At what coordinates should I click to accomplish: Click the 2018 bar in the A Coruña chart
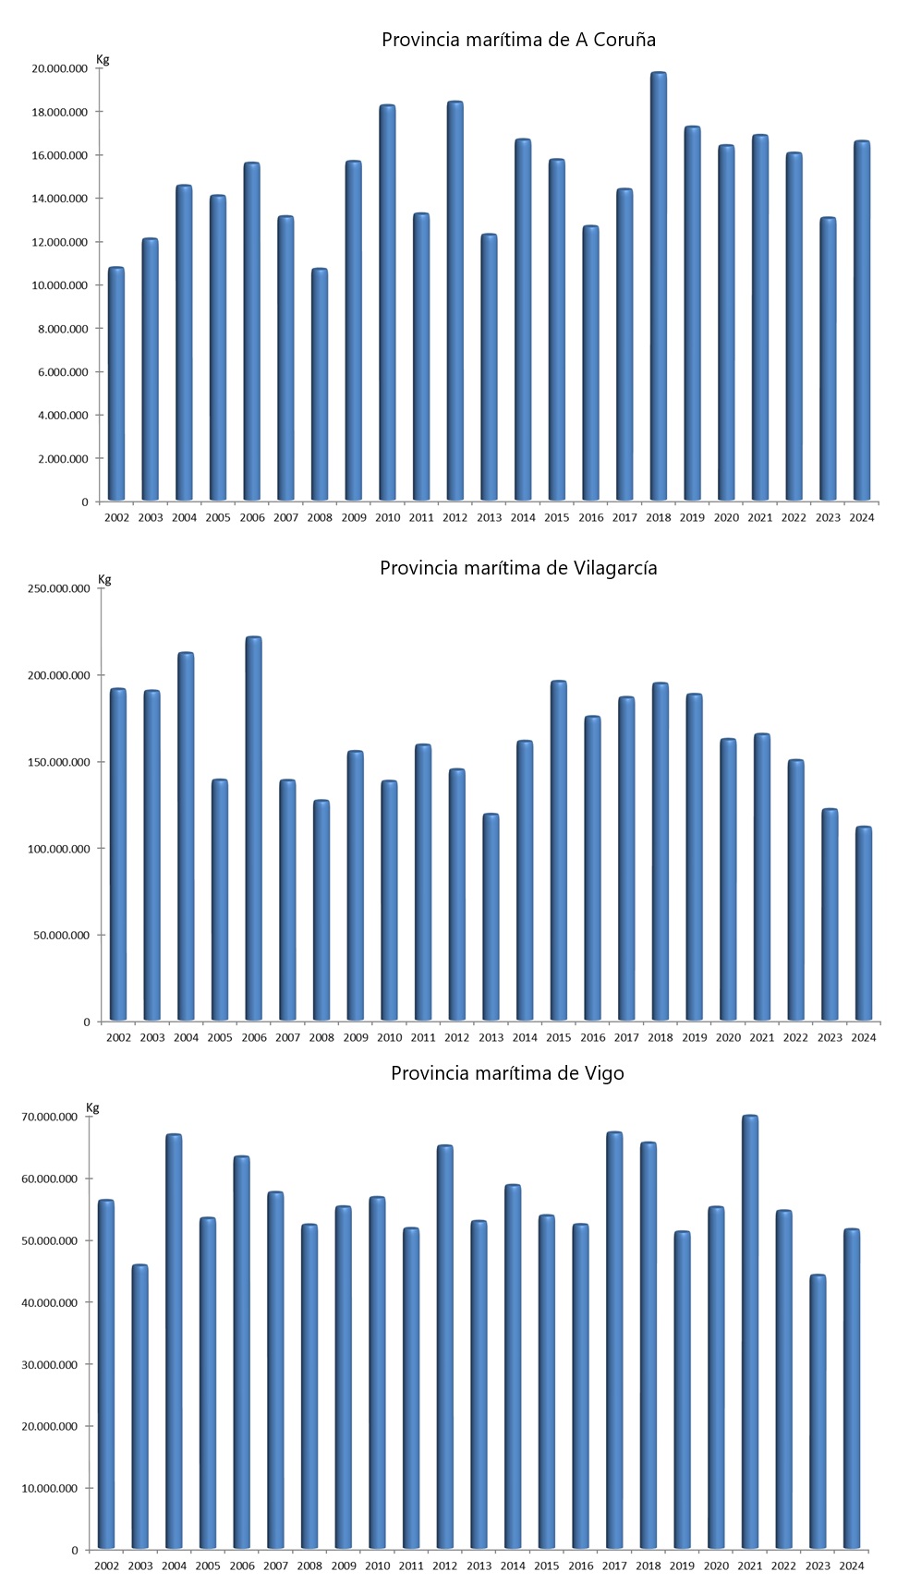tap(659, 286)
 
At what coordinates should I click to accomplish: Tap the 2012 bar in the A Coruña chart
tap(455, 301)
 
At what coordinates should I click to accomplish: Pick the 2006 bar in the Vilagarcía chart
tap(254, 828)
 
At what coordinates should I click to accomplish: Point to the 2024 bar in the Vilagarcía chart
tap(864, 924)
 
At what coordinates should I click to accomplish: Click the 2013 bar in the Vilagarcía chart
tap(491, 917)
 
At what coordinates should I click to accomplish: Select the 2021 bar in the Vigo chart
tap(750, 1332)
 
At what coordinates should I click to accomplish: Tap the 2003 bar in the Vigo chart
tap(140, 1407)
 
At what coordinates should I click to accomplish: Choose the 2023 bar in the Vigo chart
tap(818, 1411)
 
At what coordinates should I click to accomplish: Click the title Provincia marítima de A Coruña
tap(518, 40)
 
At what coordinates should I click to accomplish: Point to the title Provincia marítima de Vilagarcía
tap(518, 568)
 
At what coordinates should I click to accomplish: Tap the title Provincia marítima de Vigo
tap(507, 1073)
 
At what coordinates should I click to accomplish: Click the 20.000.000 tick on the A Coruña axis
tap(59, 68)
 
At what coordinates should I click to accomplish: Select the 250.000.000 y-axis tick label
tap(59, 588)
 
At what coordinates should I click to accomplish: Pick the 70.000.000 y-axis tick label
tap(49, 1117)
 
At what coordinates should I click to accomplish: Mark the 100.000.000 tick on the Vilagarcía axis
tap(59, 849)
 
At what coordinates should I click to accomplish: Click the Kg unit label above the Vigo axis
tap(92, 1107)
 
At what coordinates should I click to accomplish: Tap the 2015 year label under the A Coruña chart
tap(557, 518)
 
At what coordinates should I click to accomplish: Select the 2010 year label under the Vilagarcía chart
tap(389, 1038)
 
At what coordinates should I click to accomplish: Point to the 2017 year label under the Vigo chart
tap(614, 1566)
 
